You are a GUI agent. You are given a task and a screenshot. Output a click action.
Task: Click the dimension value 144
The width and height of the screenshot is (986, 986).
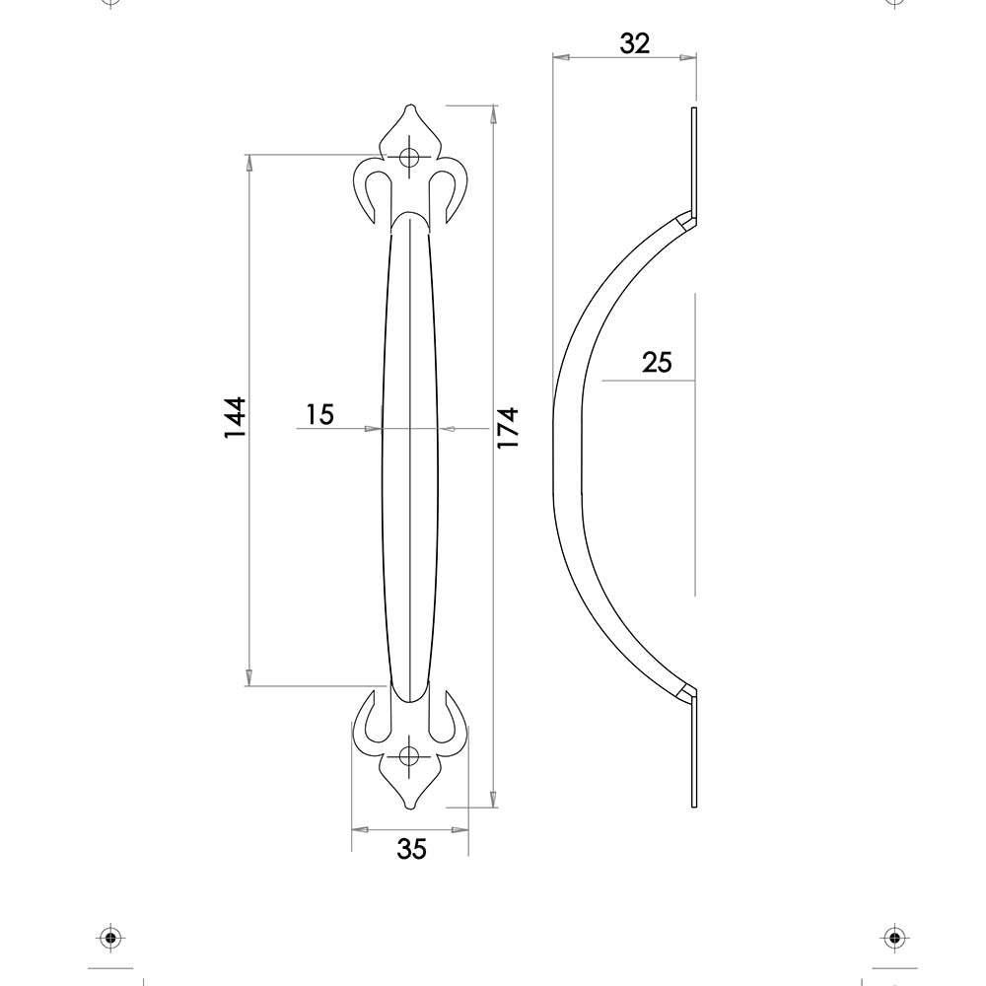point(234,418)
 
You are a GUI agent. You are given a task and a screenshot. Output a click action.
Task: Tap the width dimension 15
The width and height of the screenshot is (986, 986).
point(318,415)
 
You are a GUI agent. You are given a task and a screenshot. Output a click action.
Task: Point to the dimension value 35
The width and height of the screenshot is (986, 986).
point(411,848)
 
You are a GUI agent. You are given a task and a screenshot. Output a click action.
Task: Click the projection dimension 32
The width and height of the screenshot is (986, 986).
point(635,43)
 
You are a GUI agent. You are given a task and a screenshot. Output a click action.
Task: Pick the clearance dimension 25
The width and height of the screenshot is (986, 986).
point(657,363)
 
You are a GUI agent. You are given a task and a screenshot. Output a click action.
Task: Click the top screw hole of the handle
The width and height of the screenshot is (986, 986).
point(409,157)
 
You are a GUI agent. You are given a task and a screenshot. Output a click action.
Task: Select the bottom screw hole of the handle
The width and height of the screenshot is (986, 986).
point(409,757)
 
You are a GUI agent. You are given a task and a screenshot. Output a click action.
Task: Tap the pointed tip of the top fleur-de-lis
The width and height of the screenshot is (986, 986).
point(409,107)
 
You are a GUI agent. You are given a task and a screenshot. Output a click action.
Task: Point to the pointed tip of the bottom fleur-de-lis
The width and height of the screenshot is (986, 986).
point(409,809)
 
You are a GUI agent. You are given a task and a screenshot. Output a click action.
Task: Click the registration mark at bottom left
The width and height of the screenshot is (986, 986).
point(109,936)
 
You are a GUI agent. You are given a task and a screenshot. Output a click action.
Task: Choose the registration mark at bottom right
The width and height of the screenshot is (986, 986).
point(893,936)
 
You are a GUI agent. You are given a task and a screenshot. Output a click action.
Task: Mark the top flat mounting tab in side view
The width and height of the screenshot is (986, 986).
point(694,158)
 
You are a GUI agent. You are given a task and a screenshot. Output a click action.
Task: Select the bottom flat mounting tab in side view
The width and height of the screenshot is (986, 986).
point(695,754)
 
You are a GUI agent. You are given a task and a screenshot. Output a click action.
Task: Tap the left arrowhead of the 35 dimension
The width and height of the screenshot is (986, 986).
point(358,829)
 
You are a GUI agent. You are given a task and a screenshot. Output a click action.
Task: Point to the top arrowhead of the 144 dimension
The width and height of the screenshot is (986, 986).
point(248,162)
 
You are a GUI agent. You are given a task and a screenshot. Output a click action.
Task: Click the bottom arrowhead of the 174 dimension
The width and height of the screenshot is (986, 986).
point(492,800)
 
